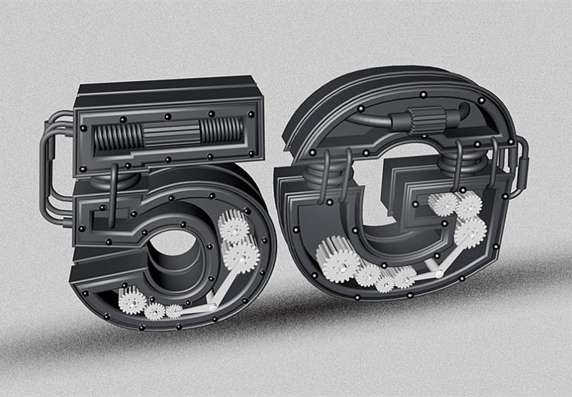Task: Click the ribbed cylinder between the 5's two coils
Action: (x=170, y=134)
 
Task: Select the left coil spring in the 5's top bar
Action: (x=118, y=137)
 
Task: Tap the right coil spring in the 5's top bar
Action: (x=221, y=131)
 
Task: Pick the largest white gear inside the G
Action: (x=338, y=259)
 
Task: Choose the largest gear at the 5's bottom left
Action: (x=132, y=300)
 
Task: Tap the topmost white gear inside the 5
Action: (x=234, y=226)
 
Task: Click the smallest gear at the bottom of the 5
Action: (x=173, y=311)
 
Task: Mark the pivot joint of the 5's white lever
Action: (x=212, y=308)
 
